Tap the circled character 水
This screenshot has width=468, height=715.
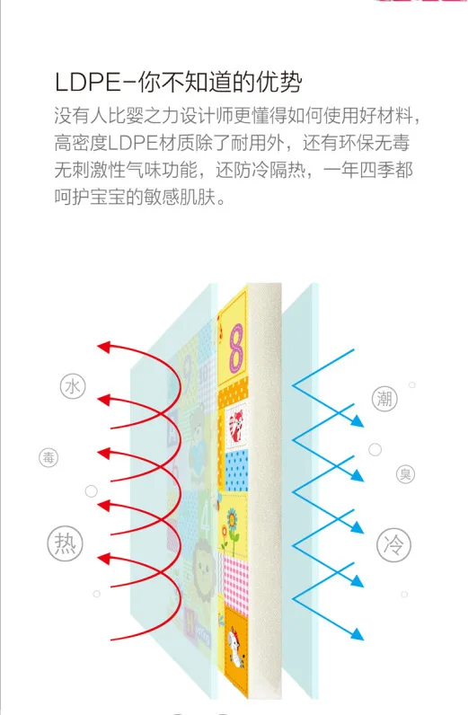click(73, 386)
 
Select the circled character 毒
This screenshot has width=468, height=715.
click(49, 457)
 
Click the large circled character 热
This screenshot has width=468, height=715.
click(66, 543)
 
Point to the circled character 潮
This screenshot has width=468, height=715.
click(384, 399)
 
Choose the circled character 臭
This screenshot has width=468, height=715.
click(405, 474)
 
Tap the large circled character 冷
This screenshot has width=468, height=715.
click(393, 544)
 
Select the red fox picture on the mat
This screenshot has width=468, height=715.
click(235, 425)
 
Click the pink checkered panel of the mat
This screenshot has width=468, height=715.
click(235, 580)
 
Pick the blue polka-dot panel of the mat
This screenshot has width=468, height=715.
click(236, 471)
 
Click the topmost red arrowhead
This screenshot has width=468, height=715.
click(104, 347)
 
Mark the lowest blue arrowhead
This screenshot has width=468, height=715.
click(358, 634)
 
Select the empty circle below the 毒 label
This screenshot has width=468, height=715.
click(92, 491)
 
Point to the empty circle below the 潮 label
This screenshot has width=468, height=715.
click(375, 450)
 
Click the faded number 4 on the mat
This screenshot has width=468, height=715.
click(206, 514)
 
